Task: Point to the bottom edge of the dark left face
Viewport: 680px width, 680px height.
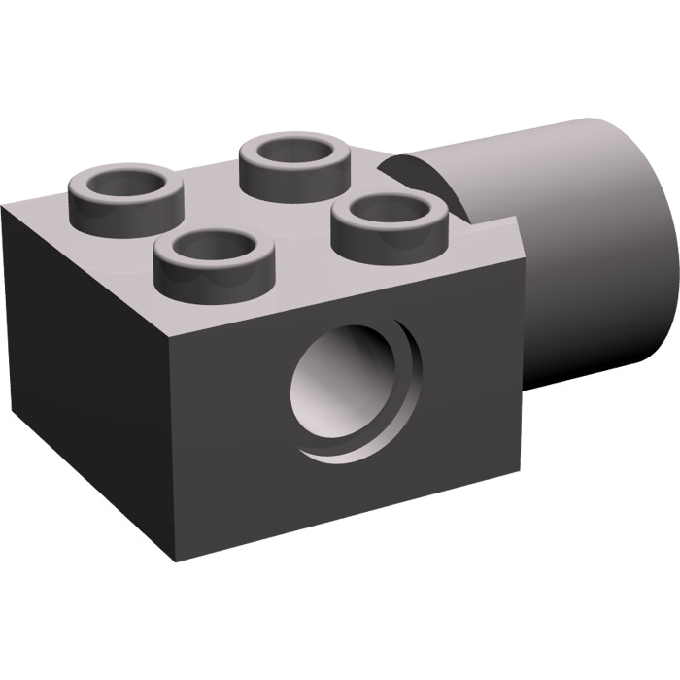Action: click(x=87, y=505)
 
